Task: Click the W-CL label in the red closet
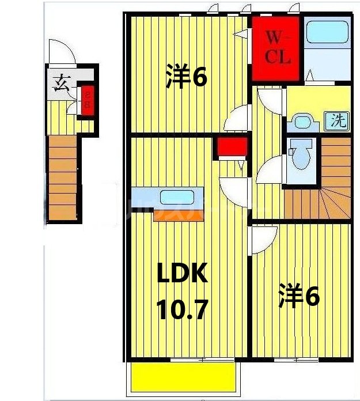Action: (277, 48)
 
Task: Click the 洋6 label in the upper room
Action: (185, 77)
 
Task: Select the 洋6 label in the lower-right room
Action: (299, 297)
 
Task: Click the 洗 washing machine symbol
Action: (339, 121)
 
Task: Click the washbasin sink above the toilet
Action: (301, 121)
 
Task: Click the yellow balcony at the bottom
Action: (184, 377)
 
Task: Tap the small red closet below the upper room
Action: (232, 147)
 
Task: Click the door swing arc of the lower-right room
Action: (262, 239)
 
